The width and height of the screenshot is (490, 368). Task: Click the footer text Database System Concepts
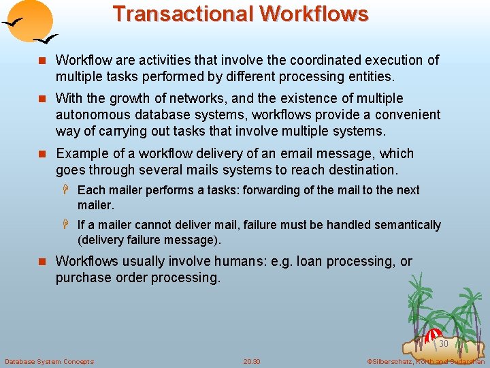pos(50,361)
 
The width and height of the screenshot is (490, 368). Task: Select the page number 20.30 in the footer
pos(252,361)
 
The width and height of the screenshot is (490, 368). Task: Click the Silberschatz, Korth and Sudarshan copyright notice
pos(425,361)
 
